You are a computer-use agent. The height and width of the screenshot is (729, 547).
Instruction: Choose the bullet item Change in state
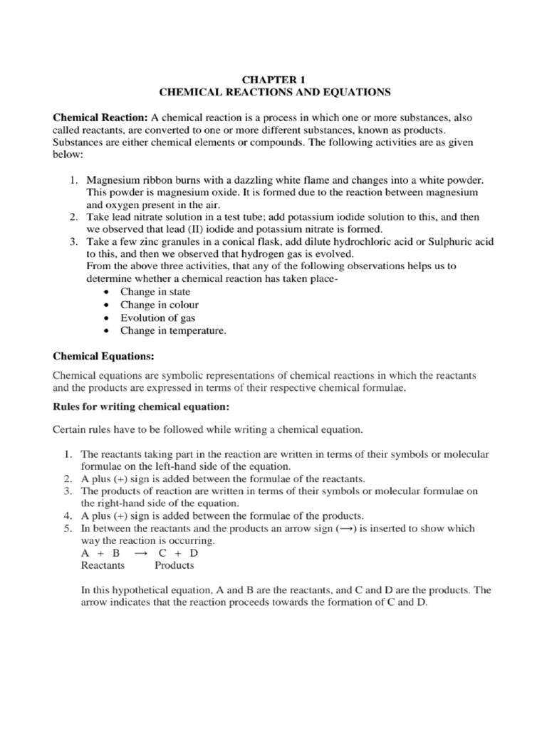coord(155,292)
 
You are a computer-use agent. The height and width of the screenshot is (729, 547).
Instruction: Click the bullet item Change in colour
coord(159,305)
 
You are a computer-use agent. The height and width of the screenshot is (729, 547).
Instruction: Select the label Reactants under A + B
coord(103,565)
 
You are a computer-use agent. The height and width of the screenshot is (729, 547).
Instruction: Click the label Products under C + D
coord(174,565)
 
